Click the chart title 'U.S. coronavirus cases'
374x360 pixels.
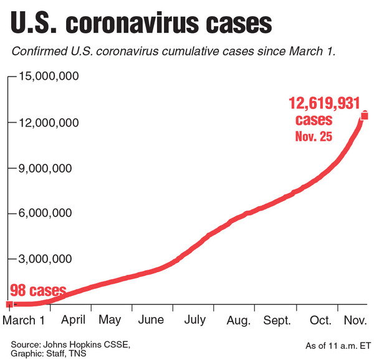click(141, 24)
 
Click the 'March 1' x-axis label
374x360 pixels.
click(24, 320)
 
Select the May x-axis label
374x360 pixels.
click(110, 320)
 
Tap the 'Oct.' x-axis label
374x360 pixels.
click(321, 320)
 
